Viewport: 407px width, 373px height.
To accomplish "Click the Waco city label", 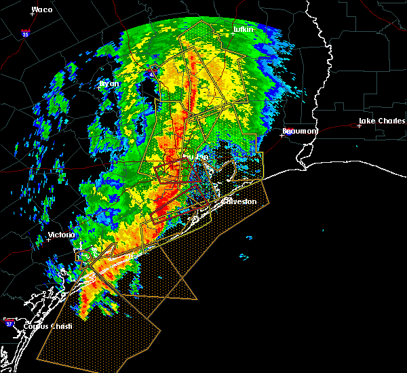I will (42, 9).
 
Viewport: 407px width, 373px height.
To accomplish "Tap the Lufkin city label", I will (244, 29).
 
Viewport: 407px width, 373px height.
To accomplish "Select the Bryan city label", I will (109, 84).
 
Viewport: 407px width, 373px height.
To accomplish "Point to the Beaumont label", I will (296, 130).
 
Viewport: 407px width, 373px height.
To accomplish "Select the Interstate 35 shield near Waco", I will (25, 33).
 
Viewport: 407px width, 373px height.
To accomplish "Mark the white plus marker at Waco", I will (33, 14).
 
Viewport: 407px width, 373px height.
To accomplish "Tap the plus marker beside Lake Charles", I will (359, 125).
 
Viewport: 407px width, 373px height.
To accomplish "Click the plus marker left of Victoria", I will (49, 239).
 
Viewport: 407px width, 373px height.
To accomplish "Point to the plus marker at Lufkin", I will (233, 33).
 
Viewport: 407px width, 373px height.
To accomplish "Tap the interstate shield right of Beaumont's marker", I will (288, 134).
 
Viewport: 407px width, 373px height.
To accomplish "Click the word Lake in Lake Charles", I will (367, 122).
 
